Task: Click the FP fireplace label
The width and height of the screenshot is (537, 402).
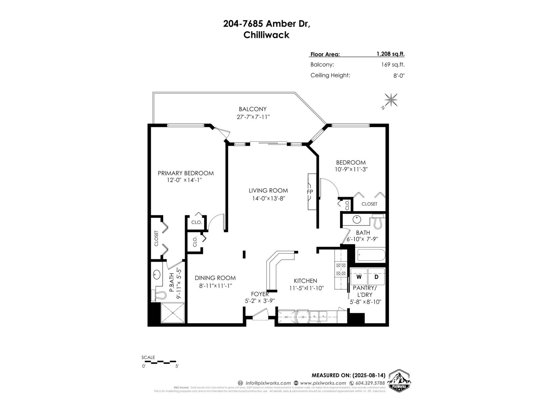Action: tap(309, 192)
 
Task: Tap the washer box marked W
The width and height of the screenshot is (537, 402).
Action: tap(359, 277)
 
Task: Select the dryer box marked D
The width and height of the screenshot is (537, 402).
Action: tap(376, 277)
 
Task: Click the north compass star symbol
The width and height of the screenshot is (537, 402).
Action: tap(391, 100)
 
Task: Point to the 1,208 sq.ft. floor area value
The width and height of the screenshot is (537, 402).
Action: tap(390, 54)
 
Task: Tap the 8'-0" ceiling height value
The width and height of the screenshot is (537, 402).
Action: tap(399, 75)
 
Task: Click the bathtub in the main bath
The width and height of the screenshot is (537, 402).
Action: tap(371, 255)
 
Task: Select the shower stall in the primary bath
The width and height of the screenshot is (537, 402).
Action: tap(173, 313)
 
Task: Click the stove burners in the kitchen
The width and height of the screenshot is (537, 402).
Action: tap(341, 270)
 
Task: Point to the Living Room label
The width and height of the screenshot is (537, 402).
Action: tap(268, 191)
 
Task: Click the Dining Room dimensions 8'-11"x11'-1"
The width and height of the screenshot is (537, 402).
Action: tap(215, 286)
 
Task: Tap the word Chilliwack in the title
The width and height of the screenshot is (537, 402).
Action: tap(266, 35)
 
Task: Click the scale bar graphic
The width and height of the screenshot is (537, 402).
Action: tap(159, 362)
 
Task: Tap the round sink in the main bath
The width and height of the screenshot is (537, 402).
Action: tap(356, 220)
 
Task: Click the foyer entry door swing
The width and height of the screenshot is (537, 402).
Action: tap(260, 315)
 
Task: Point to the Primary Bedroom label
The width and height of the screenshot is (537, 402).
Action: tap(186, 173)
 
